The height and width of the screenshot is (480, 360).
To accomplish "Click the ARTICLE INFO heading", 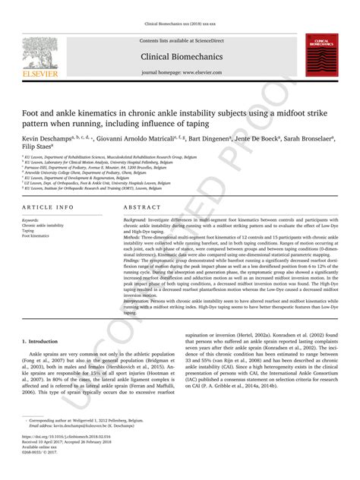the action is point(48,207).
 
